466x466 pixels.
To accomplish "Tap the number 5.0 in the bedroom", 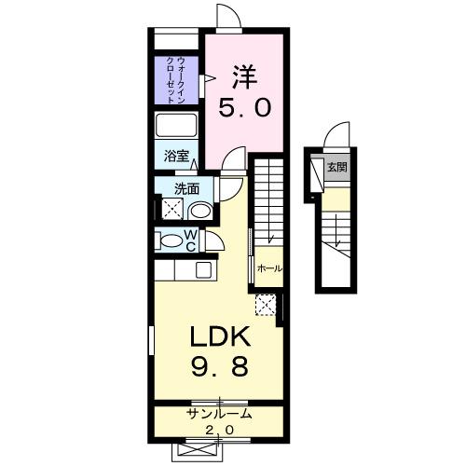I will point(245,108).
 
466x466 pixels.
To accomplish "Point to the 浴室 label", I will point(176,156).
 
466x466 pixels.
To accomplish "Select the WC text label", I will point(189,240).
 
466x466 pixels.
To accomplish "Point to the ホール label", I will point(269,268).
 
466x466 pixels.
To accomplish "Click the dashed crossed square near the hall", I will point(266,304).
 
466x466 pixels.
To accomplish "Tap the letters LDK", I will point(219,336).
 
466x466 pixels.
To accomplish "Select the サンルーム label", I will point(220,414).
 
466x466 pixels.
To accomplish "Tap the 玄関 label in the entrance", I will point(336,168).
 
